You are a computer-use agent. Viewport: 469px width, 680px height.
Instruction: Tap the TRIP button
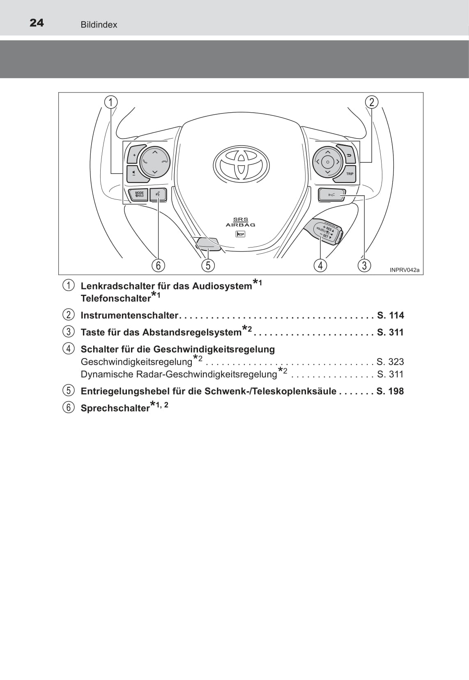(349, 174)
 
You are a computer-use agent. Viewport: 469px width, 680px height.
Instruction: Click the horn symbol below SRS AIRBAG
(240, 234)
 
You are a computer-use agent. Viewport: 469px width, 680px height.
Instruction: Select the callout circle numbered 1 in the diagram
(111, 102)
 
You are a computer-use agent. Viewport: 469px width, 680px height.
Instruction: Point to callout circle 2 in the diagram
(372, 102)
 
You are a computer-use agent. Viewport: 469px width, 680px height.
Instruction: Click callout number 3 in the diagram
(364, 265)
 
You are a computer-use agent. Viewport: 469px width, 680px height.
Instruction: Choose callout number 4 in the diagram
(320, 265)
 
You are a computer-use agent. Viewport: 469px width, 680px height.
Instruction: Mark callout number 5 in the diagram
(208, 265)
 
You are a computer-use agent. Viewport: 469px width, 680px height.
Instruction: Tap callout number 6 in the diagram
(159, 265)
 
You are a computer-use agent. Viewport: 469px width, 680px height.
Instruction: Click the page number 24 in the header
(37, 23)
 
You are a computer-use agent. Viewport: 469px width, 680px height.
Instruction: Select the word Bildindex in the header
(99, 25)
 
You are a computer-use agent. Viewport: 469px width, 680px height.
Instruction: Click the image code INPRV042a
(405, 270)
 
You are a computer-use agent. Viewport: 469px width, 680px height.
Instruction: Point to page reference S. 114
(391, 315)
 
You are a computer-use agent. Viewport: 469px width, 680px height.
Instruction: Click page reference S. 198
(390, 391)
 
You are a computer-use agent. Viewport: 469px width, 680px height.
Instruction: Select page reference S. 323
(390, 362)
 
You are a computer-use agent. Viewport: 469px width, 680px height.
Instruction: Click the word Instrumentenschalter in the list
(129, 315)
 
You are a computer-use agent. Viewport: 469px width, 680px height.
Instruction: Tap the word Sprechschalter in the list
(115, 408)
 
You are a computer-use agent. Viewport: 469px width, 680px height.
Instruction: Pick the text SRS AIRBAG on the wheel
(241, 222)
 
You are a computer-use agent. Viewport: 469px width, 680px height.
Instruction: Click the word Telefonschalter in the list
(116, 298)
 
